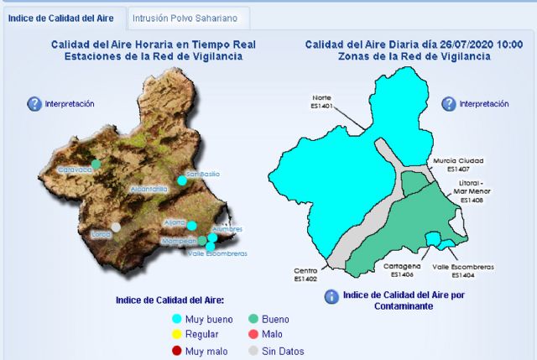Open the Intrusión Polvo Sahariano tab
[x=189, y=17]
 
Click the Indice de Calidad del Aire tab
[x=62, y=17]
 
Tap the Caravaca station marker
[x=96, y=164]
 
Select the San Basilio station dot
[x=181, y=180]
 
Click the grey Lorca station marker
[x=116, y=227]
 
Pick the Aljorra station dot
[x=191, y=225]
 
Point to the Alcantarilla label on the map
[x=149, y=190]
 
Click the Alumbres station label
[x=227, y=228]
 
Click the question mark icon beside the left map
[x=34, y=104]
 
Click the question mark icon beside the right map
[x=449, y=104]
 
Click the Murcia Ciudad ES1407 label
[x=458, y=164]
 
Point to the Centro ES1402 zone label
[x=305, y=274]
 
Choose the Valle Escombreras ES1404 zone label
[x=462, y=270]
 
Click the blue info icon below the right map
[x=331, y=296]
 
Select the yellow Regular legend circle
[x=176, y=335]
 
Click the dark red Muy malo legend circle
[x=176, y=351]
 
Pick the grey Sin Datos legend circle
[x=253, y=351]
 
